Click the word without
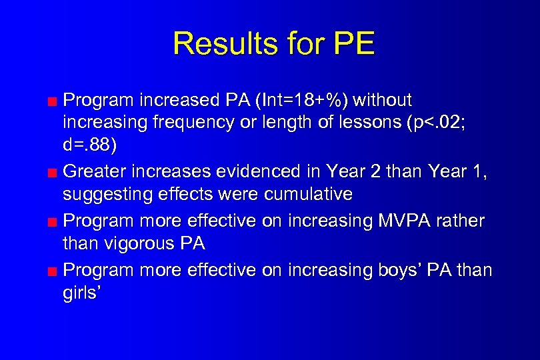(383, 101)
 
